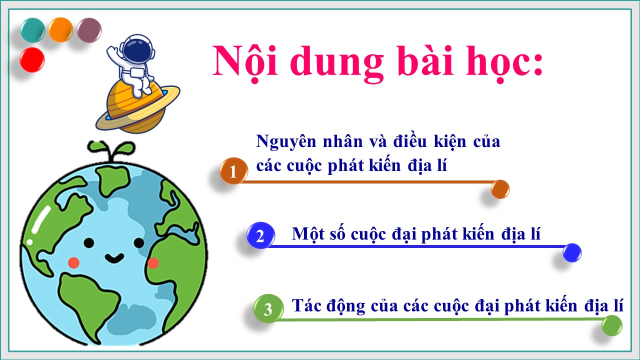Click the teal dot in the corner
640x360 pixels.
coord(33,30)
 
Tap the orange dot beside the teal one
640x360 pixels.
coord(60,30)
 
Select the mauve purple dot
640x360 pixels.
coord(89,30)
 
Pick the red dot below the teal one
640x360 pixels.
coord(32,59)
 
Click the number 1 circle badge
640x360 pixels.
coord(233,170)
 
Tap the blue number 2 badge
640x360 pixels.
coord(260,235)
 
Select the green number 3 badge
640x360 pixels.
coord(268,308)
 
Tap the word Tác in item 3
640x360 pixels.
coord(305,305)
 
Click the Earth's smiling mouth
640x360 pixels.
coord(114,258)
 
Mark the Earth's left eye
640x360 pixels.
coord(89,243)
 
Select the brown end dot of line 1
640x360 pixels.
coord(500,189)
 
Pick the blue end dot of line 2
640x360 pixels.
coord(572,253)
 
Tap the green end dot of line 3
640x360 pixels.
coord(611,325)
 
